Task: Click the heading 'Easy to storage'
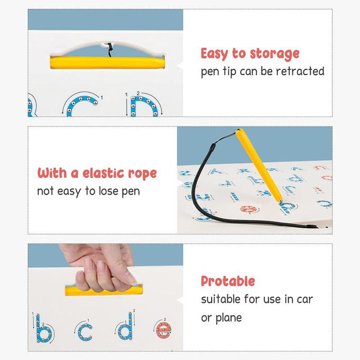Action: [x=250, y=54]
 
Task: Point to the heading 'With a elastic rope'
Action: [x=97, y=173]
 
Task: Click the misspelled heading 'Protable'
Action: [x=228, y=282]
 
